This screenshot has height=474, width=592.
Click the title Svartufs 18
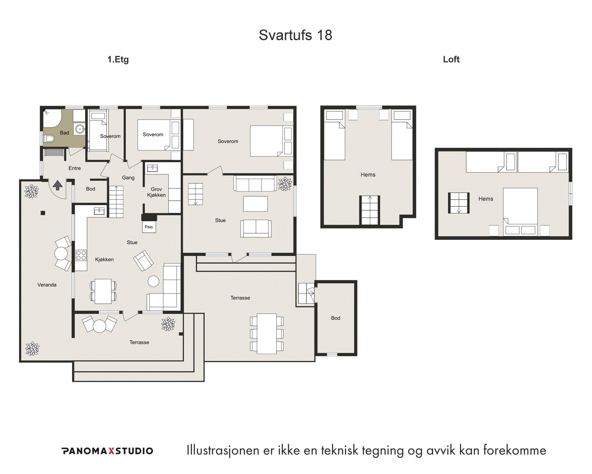click(x=295, y=35)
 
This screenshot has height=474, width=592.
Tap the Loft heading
click(x=451, y=60)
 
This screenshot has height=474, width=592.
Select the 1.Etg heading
click(x=118, y=60)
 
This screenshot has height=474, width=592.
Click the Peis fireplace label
click(x=149, y=227)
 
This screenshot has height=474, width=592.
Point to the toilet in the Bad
click(x=48, y=138)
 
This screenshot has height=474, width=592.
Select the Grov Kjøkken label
click(x=156, y=192)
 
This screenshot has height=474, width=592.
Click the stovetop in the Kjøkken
click(x=81, y=255)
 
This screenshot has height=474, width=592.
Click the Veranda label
click(x=47, y=285)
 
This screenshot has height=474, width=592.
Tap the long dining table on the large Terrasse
click(x=267, y=334)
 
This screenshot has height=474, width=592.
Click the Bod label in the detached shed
click(x=336, y=318)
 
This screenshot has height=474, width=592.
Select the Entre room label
click(x=74, y=168)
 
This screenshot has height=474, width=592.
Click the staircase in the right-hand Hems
click(x=459, y=203)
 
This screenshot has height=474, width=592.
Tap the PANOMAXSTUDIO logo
click(x=107, y=451)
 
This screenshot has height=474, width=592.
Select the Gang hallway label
click(x=128, y=178)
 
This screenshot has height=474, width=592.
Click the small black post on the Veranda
click(x=43, y=213)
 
